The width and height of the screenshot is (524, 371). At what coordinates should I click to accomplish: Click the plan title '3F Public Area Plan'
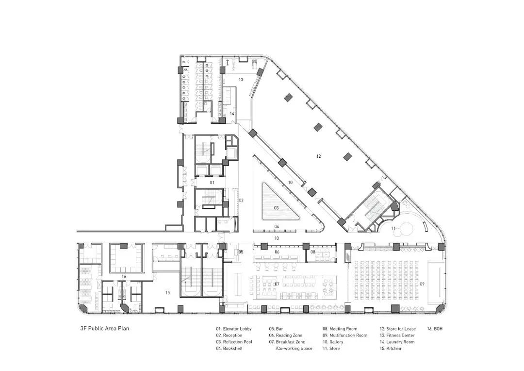105,329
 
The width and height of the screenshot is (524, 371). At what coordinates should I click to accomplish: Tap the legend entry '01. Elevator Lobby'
233,329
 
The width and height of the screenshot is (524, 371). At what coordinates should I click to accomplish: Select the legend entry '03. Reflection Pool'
234,342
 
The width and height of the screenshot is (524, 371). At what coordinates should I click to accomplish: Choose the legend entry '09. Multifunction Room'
345,335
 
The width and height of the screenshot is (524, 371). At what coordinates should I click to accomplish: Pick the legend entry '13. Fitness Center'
397,335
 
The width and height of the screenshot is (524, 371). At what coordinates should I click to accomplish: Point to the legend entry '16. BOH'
435,329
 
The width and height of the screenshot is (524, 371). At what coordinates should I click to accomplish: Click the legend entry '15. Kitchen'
390,348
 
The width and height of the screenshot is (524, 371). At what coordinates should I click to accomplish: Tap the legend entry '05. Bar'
276,329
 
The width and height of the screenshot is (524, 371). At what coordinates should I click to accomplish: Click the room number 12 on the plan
318,156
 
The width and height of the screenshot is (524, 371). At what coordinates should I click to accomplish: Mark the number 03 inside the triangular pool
277,208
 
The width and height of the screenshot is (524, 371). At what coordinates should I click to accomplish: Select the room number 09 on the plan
422,284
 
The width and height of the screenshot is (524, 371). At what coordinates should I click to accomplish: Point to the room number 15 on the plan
167,293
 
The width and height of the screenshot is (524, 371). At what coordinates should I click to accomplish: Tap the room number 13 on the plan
241,80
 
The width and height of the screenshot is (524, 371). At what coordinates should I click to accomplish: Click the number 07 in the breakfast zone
277,285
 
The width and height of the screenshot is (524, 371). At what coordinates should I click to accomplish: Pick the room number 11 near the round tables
393,229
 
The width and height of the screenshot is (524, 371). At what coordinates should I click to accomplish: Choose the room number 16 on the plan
124,277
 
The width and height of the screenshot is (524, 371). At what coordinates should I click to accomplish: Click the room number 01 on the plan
212,183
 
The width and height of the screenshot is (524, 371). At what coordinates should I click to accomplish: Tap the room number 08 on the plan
313,252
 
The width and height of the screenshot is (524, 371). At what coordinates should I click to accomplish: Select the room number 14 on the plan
232,114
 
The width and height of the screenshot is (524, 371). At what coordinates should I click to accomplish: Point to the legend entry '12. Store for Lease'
398,329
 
